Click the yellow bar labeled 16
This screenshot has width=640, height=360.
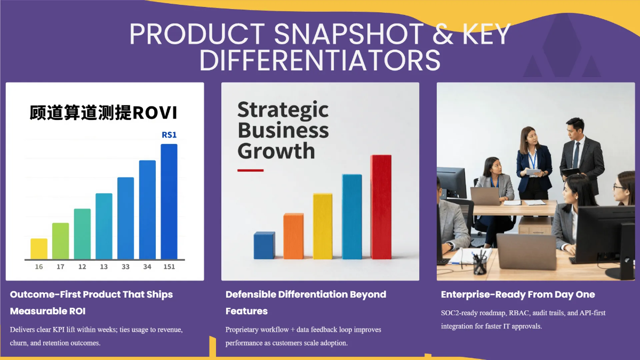click(39, 249)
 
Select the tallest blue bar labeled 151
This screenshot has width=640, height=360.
click(169, 202)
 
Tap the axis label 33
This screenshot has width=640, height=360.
click(125, 267)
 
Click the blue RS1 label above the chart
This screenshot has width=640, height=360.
click(169, 135)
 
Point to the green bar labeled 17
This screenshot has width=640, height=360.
click(61, 241)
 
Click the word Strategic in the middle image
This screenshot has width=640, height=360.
click(283, 110)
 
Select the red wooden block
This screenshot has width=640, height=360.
click(381, 207)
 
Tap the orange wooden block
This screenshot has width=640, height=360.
click(293, 236)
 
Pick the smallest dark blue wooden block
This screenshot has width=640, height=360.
click(265, 245)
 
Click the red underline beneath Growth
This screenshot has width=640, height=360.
click(250, 170)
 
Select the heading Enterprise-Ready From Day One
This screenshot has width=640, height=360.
click(518, 294)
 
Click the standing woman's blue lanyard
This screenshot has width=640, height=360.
click(533, 159)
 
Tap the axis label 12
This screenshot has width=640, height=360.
click(82, 267)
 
